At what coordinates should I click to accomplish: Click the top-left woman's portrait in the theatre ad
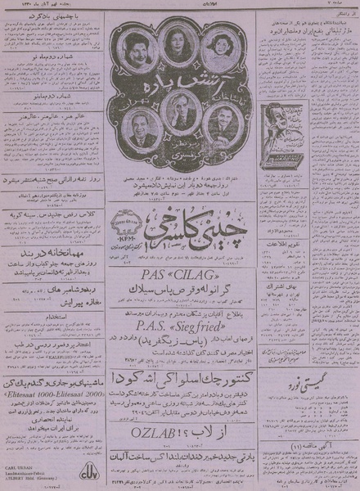[141, 46]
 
